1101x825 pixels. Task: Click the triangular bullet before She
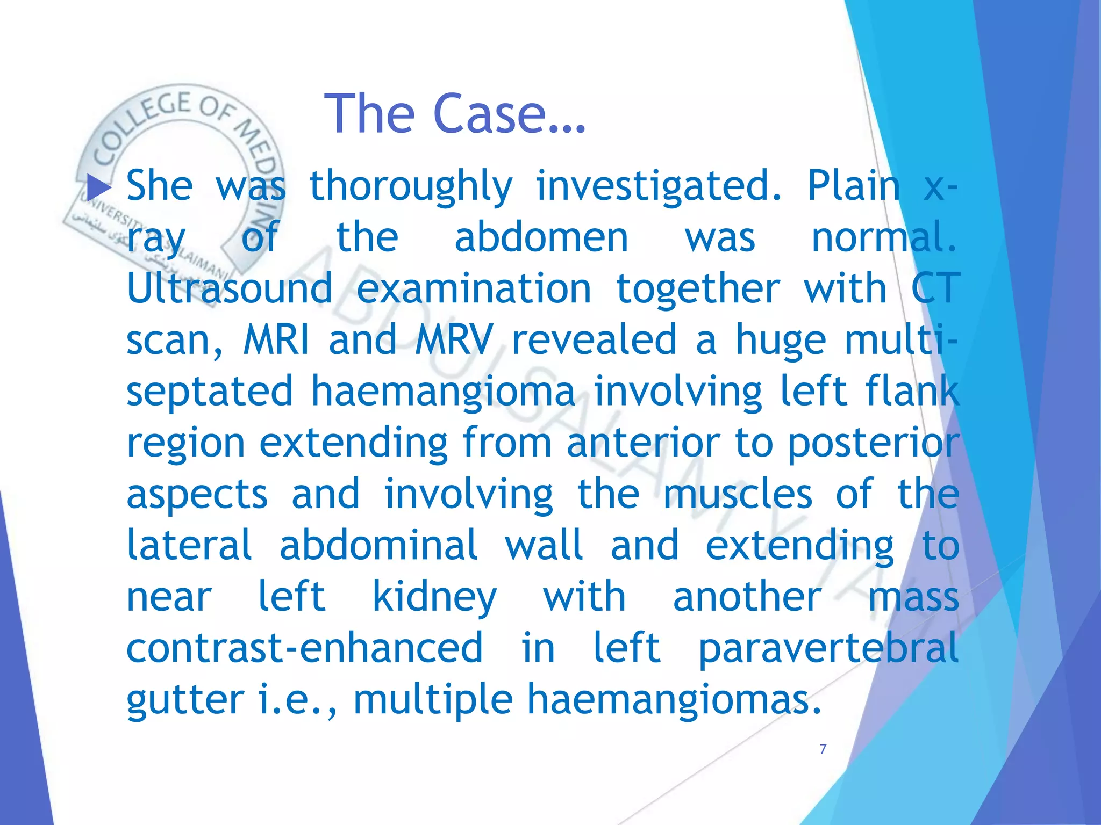tap(98, 187)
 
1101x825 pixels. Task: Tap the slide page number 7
tap(823, 749)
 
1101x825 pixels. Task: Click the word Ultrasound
tap(230, 288)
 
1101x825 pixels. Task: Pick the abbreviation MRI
tap(276, 340)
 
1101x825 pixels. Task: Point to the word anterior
tap(643, 443)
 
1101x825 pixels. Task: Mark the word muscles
tap(738, 494)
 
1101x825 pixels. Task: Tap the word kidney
tap(434, 598)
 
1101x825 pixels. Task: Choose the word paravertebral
tap(828, 648)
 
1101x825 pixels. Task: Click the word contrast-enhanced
tap(304, 648)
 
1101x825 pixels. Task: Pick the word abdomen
tap(541, 238)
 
